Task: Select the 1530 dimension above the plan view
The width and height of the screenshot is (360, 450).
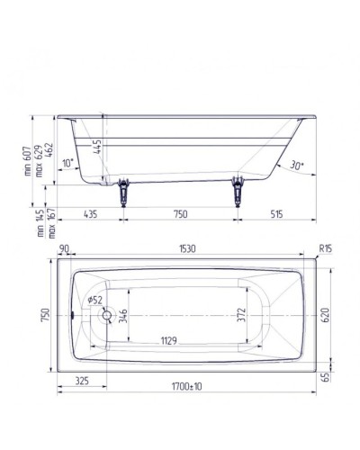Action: click(x=188, y=247)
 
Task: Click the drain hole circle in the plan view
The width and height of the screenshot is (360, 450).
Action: click(x=110, y=315)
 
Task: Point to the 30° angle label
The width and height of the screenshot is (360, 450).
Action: click(x=297, y=165)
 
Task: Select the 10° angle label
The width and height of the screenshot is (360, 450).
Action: click(x=67, y=163)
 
